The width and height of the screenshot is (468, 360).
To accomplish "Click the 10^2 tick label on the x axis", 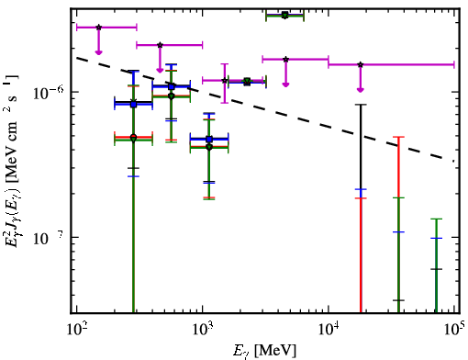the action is (77, 328).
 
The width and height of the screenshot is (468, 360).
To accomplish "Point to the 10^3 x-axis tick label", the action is (204, 328).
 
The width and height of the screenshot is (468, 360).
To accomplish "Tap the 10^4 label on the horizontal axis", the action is (329, 328).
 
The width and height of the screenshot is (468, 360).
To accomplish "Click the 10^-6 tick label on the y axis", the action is (49, 93).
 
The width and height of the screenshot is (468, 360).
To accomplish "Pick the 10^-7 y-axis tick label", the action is (49, 238).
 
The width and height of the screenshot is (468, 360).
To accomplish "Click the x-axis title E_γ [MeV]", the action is (264, 351).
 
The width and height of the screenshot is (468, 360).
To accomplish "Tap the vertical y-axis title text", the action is (13, 161).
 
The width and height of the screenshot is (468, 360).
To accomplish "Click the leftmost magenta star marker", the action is (98, 28).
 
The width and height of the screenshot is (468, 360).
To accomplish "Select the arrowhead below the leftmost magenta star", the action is (98, 52).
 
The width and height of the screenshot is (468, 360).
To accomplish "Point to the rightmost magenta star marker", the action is (361, 64).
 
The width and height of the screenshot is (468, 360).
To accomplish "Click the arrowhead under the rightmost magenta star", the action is (361, 89).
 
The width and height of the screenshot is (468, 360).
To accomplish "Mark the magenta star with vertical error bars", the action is (225, 81).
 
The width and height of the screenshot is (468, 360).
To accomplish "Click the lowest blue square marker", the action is (209, 140).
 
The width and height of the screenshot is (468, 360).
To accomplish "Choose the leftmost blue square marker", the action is (133, 105).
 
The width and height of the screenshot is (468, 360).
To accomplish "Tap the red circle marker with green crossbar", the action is (133, 137).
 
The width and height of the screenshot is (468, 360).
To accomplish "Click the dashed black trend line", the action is (265, 109).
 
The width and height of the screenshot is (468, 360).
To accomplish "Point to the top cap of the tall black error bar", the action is (361, 105).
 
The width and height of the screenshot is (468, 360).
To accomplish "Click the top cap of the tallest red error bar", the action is (398, 137).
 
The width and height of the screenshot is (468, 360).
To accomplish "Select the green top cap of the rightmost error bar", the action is (437, 219).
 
